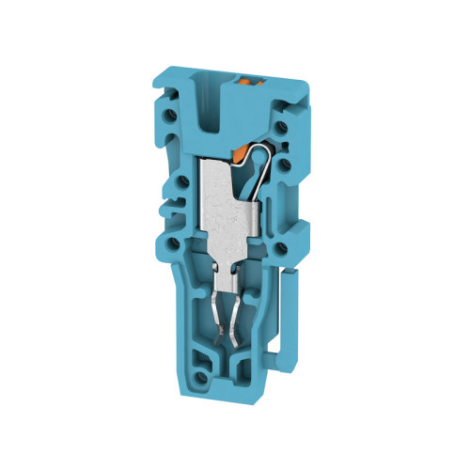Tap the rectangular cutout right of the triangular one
coord(254,367)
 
